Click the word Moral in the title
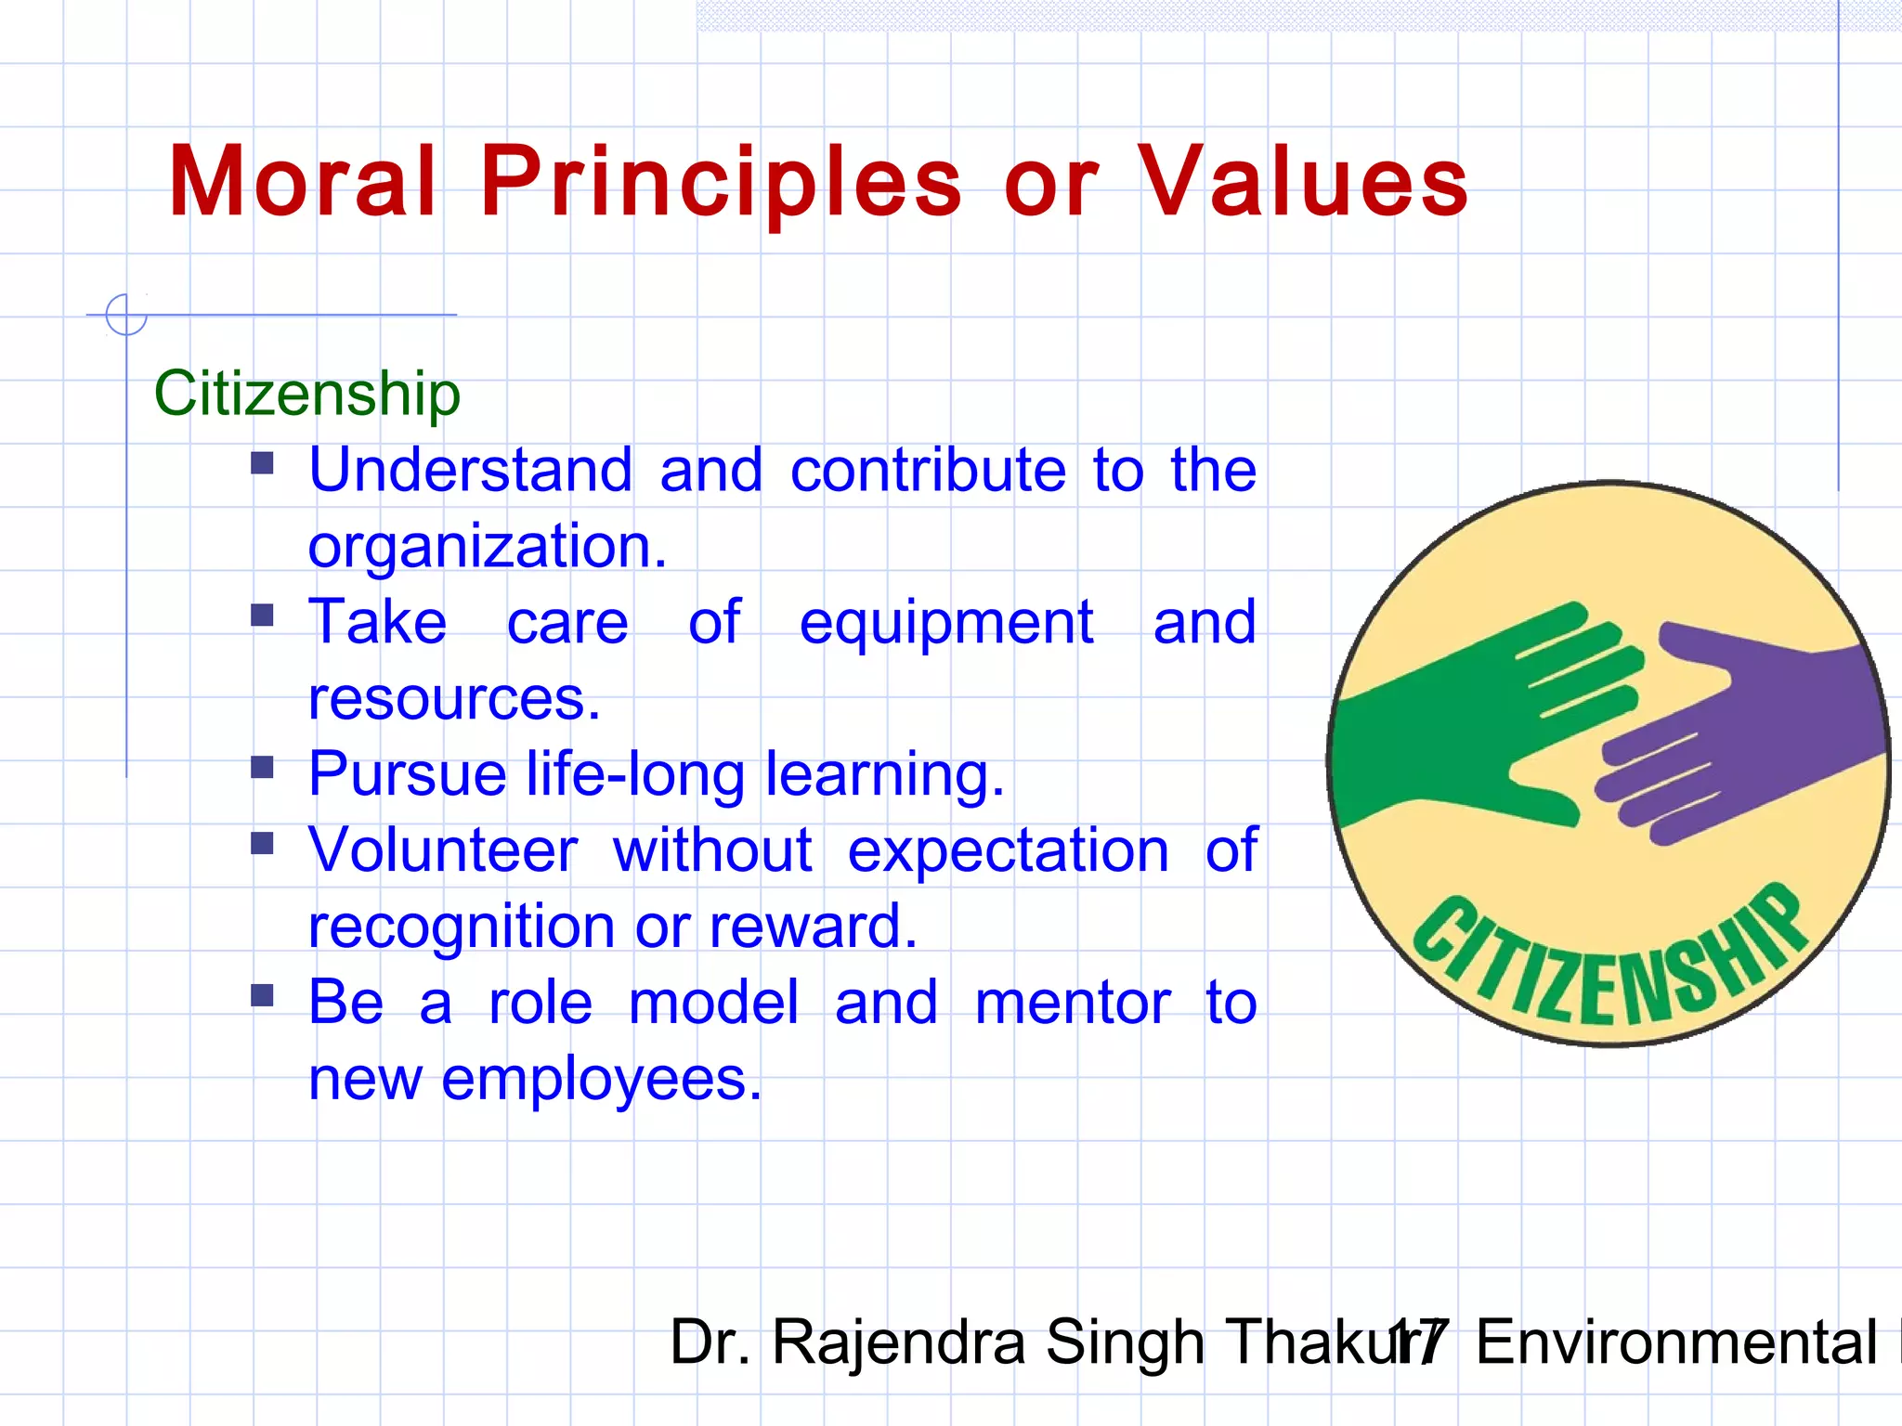(x=302, y=182)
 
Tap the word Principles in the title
(x=721, y=182)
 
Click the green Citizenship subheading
(x=306, y=393)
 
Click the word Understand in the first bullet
(x=470, y=470)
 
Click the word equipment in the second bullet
(x=945, y=622)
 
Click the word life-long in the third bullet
(x=635, y=774)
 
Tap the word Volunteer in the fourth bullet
(x=443, y=850)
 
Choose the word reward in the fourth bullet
(x=812, y=927)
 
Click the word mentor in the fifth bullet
(x=1073, y=1003)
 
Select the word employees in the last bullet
(x=600, y=1079)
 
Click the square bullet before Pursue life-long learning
(x=263, y=767)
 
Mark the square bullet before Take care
(x=263, y=615)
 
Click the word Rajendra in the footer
(x=898, y=1342)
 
